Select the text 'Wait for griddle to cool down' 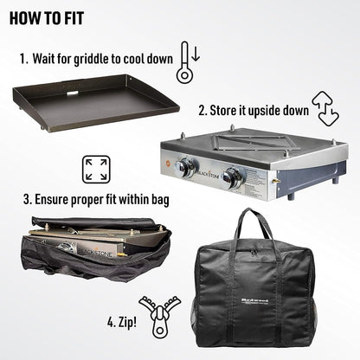pos(100,60)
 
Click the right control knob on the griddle pos(232,177)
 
